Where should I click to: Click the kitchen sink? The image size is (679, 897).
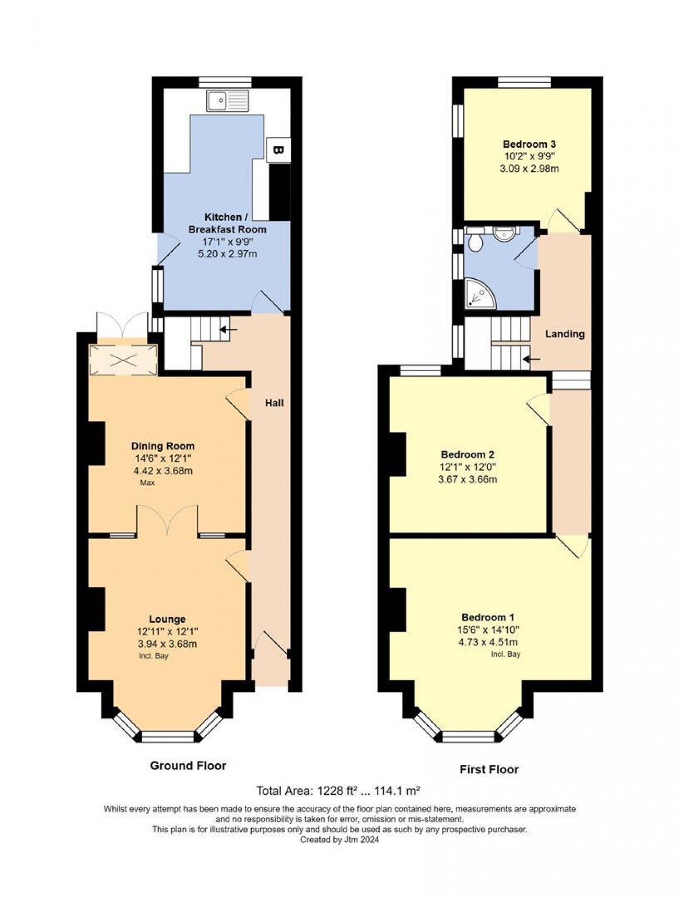pos(227,100)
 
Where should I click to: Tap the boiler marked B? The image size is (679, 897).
pos(278,150)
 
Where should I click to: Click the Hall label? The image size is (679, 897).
pos(274,403)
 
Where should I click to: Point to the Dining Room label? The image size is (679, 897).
pos(162,446)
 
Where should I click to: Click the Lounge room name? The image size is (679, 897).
pos(167,619)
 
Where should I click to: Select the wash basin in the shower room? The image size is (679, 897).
pos(504,232)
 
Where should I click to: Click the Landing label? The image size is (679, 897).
pos(565,334)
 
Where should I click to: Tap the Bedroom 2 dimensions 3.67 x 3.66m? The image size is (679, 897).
pos(467,479)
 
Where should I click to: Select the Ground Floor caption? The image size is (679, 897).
pos(188,765)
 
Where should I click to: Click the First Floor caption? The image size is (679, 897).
pos(489,769)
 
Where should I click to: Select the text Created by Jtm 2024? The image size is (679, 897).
pos(340,840)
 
